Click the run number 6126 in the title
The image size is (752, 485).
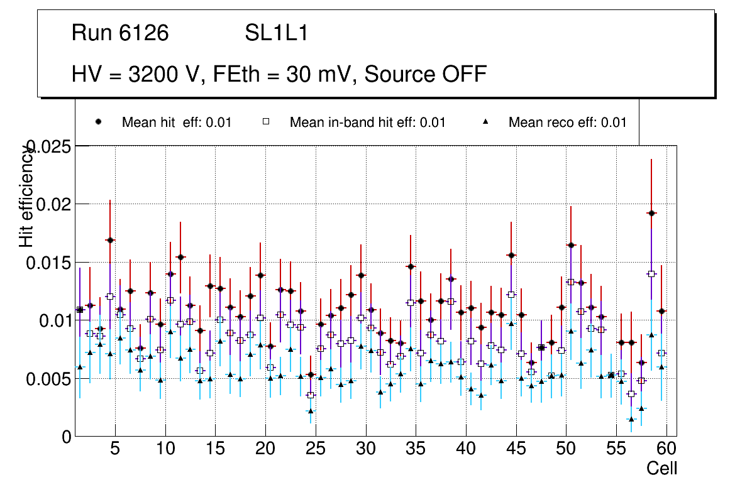144,33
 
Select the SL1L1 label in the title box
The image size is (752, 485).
277,33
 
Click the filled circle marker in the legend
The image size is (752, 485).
99,122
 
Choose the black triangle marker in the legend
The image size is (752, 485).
486,122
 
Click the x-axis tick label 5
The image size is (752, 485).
115,450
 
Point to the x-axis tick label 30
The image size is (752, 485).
365,450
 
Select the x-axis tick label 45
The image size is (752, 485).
516,450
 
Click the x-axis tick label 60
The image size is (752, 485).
666,450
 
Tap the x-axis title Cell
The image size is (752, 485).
662,469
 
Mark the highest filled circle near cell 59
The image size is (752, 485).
651,213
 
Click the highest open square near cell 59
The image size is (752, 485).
651,274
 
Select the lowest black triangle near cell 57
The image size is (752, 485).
631,419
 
